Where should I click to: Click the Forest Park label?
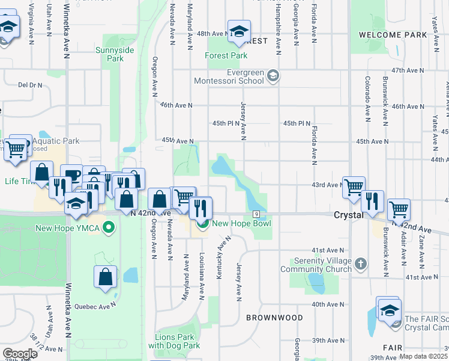pyautogui.click(x=226, y=56)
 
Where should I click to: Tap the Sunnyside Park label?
pyautogui.click(x=109, y=55)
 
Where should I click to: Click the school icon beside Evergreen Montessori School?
pyautogui.click(x=273, y=75)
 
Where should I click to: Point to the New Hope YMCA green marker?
pyautogui.click(x=109, y=227)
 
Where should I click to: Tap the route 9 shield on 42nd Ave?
pyautogui.click(x=256, y=214)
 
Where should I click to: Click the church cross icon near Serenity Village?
pyautogui.click(x=360, y=264)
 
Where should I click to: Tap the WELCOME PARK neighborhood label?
pyautogui.click(x=393, y=35)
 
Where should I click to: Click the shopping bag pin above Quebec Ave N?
pyautogui.click(x=105, y=277)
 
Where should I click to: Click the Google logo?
pyautogui.click(x=20, y=353)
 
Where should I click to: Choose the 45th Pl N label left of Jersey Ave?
pyautogui.click(x=226, y=123)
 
